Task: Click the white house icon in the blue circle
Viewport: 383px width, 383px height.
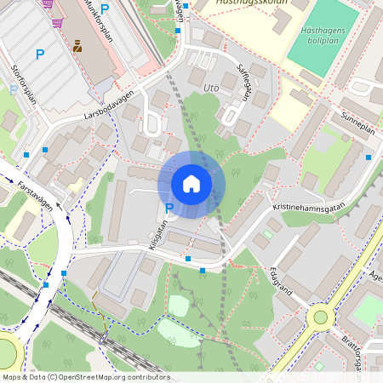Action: coord(191,183)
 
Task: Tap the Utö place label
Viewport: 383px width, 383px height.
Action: coord(213,89)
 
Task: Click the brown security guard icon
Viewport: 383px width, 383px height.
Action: coord(78,47)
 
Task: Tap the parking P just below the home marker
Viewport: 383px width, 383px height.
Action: coord(169,209)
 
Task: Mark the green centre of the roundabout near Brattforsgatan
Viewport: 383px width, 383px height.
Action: coord(320,317)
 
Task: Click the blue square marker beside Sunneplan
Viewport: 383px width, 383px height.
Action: coord(368,157)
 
